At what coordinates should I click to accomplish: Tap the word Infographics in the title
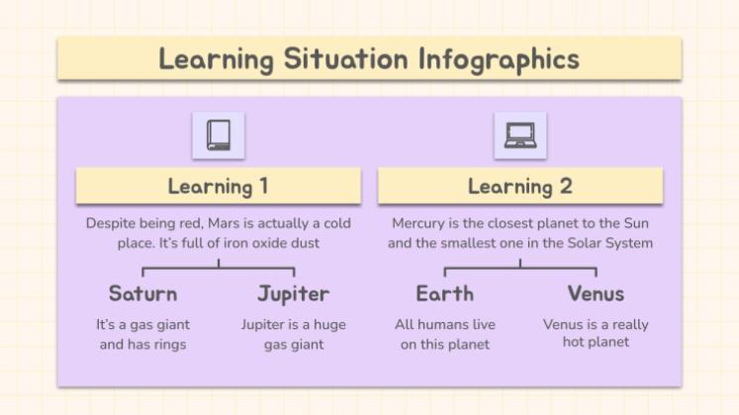pos(498,58)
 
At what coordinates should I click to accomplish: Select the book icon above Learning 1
pos(218,135)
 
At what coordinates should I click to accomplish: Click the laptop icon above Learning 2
pos(519,135)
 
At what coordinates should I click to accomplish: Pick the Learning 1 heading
pos(218,186)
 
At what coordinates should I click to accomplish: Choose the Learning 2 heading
pos(519,186)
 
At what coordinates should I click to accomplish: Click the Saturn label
pos(143,293)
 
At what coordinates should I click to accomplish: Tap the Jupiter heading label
pos(293,293)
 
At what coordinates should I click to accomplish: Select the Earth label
pos(445,293)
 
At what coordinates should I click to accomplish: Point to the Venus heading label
pos(596,293)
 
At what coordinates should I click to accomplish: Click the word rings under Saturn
pos(168,345)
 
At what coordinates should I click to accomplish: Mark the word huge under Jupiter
pos(330,324)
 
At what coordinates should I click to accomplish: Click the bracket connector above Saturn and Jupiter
pos(218,267)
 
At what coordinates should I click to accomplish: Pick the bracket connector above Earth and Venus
pos(519,267)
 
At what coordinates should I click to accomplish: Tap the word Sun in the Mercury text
pos(637,223)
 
